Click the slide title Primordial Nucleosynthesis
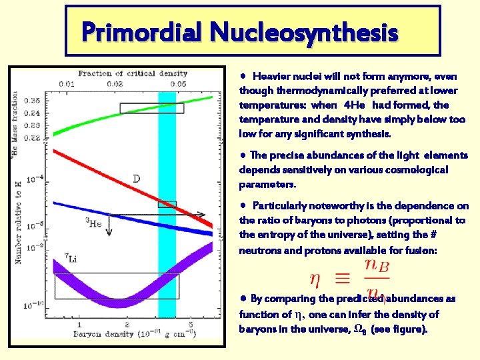pyautogui.click(x=239, y=31)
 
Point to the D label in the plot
pyautogui.click(x=136, y=179)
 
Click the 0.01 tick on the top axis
pyautogui.click(x=66, y=83)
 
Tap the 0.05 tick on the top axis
pyautogui.click(x=177, y=83)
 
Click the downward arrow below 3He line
pyautogui.click(x=110, y=227)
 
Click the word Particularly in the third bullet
pyautogui.click(x=281, y=206)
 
